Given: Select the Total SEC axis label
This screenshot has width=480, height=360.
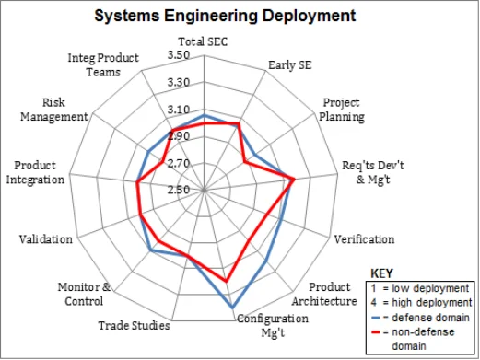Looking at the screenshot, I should [x=203, y=41].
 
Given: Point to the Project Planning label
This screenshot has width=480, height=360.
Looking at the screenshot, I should [x=343, y=110].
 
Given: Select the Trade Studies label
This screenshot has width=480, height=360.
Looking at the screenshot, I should [x=134, y=325].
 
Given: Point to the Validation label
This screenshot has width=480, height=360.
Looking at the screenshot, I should [x=45, y=239].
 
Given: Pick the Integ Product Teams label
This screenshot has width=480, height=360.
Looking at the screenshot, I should [x=103, y=64].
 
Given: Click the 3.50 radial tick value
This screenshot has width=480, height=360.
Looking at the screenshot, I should [x=178, y=55].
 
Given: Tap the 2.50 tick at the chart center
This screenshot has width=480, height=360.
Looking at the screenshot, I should [x=178, y=190].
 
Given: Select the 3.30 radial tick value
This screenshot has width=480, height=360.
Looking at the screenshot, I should [x=178, y=82].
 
